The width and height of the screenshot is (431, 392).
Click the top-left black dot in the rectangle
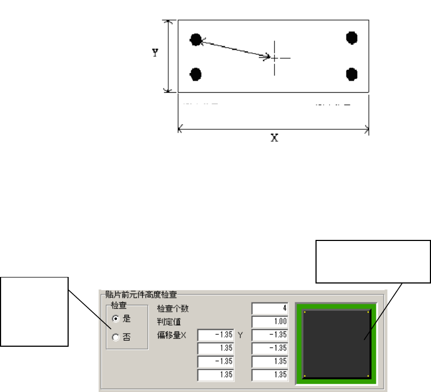pos(196,39)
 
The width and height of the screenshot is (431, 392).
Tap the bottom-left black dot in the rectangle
pos(196,74)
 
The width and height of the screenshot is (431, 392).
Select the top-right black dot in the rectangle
pos(351,37)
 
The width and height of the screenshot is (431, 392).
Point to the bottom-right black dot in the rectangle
pos(351,73)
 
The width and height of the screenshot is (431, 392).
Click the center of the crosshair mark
pos(275,57)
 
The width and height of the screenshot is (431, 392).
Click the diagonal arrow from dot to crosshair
pos(234,48)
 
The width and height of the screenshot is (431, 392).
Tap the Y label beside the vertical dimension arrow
pos(155,53)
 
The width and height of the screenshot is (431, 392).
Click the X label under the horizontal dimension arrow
pos(275,138)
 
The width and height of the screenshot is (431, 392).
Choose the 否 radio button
pos(116,337)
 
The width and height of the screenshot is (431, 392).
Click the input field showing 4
pos(270,309)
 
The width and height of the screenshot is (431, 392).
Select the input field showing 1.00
pos(270,321)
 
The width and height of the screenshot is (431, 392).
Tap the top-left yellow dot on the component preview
pos(305,312)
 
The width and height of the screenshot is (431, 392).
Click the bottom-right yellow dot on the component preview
pos(370,376)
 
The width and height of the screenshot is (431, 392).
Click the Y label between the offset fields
pos(240,334)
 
